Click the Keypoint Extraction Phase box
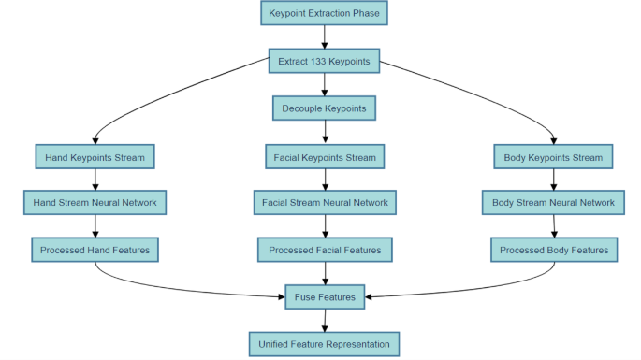[324, 13]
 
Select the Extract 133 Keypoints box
[324, 62]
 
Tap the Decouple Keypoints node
[324, 108]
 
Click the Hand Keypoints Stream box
[95, 157]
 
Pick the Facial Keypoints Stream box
[324, 157]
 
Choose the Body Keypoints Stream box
[553, 157]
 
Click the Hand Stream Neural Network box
[95, 202]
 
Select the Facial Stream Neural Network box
[324, 202]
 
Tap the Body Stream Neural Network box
[553, 202]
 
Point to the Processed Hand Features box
[95, 250]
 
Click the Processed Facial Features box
[324, 250]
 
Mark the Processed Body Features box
[553, 250]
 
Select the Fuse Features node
[324, 297]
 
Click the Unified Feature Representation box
[324, 344]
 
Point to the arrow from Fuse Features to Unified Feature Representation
[324, 321]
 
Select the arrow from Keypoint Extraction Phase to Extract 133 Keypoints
[324, 37]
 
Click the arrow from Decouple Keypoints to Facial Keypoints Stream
[324, 133]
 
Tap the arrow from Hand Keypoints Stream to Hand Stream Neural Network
[95, 180]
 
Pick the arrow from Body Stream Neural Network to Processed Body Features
[553, 226]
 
